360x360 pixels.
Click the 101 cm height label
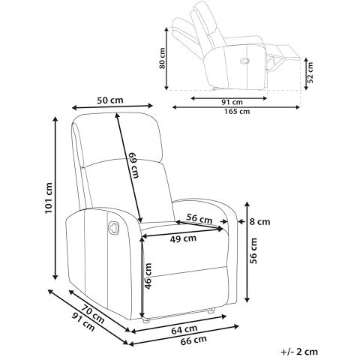point(49,198)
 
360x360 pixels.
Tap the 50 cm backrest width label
point(110,100)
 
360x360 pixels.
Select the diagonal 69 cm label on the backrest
point(133,165)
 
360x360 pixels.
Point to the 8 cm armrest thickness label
point(260,222)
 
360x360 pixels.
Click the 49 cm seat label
point(183,238)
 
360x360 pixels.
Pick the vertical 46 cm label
point(148,276)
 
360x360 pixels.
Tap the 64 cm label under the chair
point(184,329)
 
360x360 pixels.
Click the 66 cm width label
point(193,340)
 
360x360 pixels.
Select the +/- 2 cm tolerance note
point(299,352)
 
